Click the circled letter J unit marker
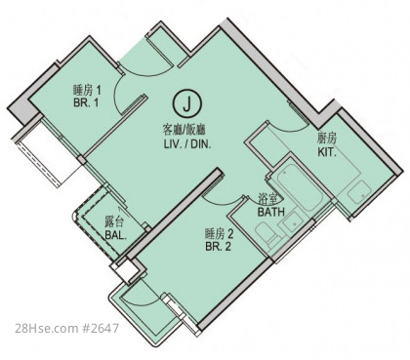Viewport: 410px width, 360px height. coord(186,103)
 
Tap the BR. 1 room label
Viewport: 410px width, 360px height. coord(86,103)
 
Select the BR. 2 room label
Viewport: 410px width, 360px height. coord(218,246)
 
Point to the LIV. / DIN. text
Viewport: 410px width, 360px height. coord(187,144)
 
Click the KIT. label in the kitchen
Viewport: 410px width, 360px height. coord(327,152)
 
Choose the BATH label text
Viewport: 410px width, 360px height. coord(271,213)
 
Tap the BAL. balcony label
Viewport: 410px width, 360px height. coord(116,235)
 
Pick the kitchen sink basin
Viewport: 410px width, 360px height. coord(358,193)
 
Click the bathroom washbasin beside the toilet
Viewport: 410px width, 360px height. coord(293,221)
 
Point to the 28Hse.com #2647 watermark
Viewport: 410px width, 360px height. coord(66,328)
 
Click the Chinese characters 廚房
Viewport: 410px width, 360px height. coord(327,140)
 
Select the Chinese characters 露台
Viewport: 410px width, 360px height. coord(114,222)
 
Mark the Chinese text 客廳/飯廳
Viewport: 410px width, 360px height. coord(184,131)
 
